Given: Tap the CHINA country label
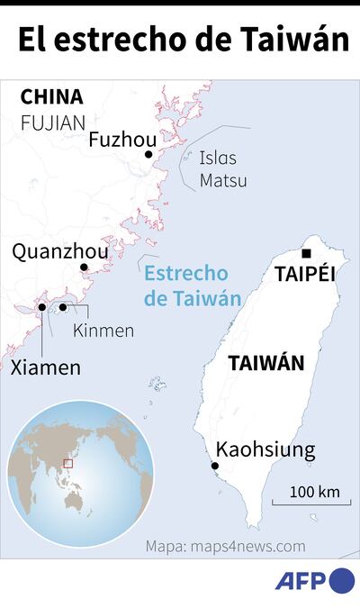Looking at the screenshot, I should pyautogui.click(x=51, y=97).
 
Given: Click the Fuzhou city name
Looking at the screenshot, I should pyautogui.click(x=122, y=140).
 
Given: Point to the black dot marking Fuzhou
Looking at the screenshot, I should pyautogui.click(x=148, y=155).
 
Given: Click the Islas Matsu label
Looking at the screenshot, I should pyautogui.click(x=222, y=169).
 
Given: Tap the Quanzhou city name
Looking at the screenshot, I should pyautogui.click(x=59, y=251).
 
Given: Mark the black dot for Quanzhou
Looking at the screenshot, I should pyautogui.click(x=84, y=268).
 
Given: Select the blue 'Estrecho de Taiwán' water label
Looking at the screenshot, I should pyautogui.click(x=186, y=286).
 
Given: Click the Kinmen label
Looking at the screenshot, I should pyautogui.click(x=103, y=331).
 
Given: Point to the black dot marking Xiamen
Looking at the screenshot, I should pyautogui.click(x=42, y=308).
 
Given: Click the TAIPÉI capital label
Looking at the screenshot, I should pyautogui.click(x=304, y=273).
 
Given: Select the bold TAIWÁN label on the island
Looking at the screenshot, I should pyautogui.click(x=265, y=363).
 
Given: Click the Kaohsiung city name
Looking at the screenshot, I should pyautogui.click(x=265, y=449).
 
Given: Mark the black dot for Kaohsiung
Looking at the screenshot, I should pyautogui.click(x=214, y=466).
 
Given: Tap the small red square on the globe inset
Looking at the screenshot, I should pyautogui.click(x=67, y=463).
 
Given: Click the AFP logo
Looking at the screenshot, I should pyautogui.click(x=315, y=582).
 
